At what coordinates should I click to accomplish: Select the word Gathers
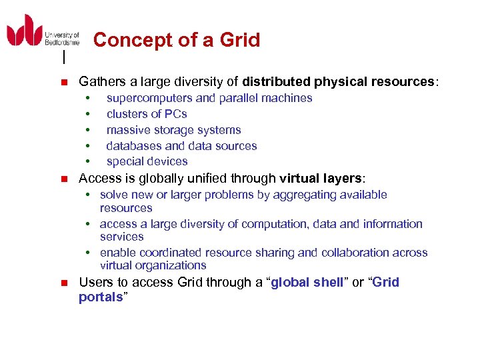click(103, 82)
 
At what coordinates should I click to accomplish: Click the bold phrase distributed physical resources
click(338, 82)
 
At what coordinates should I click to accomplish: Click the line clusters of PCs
click(147, 114)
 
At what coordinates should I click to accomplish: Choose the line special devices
click(147, 161)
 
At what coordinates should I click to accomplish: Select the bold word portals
click(101, 297)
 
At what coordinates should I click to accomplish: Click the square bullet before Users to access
click(64, 283)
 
